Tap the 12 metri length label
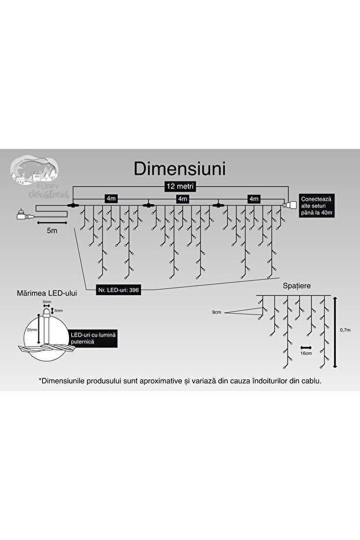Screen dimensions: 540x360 coord(179,186)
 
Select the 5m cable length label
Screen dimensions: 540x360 coord(51,231)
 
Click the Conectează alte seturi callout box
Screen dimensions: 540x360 coord(316,205)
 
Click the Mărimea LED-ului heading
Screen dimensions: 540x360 coord(48,293)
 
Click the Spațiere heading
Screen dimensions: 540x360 coord(295,287)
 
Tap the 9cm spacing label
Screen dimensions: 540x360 coord(217,312)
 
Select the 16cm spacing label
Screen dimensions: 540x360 coord(307,352)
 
